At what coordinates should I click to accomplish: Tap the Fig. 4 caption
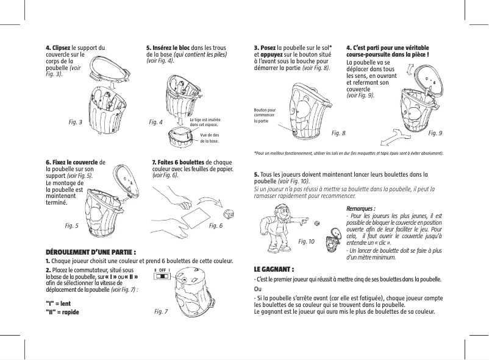tap(155, 122)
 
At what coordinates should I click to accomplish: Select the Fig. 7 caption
tap(161, 311)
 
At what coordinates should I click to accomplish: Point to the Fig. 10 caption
tap(307, 241)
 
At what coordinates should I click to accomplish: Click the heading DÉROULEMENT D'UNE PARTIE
tap(91, 252)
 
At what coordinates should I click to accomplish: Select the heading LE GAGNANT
tap(274, 269)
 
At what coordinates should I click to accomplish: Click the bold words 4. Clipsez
tap(59, 47)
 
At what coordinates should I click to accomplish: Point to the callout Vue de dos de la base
tap(209, 137)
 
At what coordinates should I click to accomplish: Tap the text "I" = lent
tap(59, 302)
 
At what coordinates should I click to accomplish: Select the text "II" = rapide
tap(62, 312)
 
